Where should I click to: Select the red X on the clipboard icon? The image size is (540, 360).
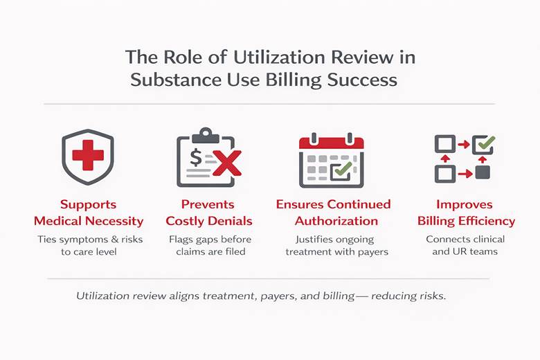coord(224,164)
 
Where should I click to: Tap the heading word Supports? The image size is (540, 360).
coord(88,205)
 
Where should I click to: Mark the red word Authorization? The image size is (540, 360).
coord(336,222)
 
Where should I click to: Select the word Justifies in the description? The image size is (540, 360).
coord(305,240)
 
